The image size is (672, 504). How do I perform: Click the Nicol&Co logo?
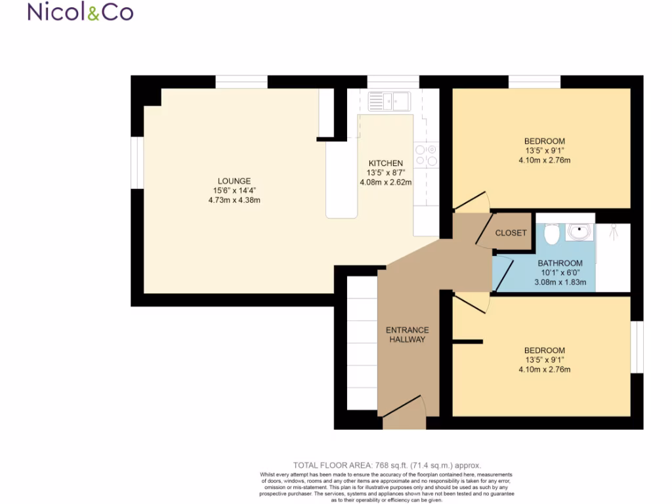[80, 12]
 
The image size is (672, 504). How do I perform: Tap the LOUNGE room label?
[234, 181]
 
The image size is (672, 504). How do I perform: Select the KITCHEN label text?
[385, 163]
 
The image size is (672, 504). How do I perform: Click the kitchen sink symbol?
[388, 101]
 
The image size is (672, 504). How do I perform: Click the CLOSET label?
[511, 233]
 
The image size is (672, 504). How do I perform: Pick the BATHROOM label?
[560, 264]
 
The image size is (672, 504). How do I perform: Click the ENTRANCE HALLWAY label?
[407, 335]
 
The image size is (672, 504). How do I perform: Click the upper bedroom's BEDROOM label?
[544, 141]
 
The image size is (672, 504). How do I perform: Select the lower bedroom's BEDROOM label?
[544, 350]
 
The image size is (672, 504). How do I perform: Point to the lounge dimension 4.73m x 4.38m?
[234, 200]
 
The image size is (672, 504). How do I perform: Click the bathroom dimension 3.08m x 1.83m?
[556, 283]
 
